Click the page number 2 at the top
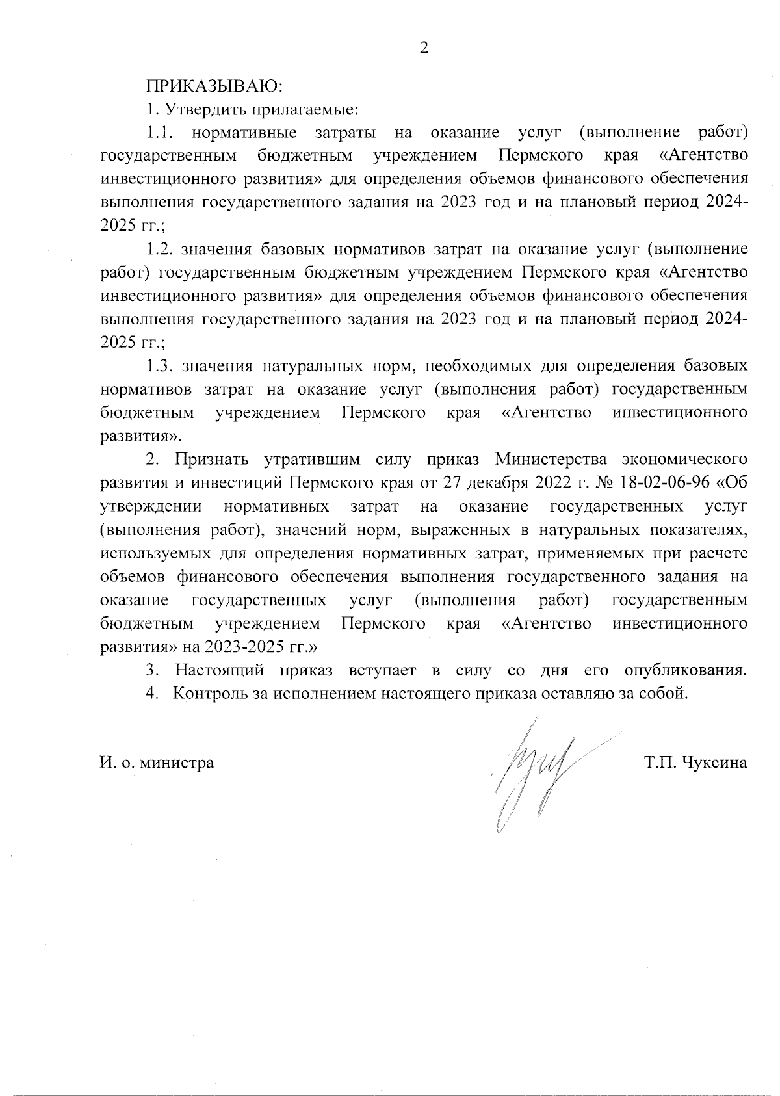tap(424, 48)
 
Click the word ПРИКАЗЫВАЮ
tap(214, 86)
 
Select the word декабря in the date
tap(497, 483)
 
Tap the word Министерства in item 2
tap(553, 460)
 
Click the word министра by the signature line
tap(178, 763)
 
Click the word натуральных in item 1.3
tap(312, 366)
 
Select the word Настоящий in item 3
tap(220, 670)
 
